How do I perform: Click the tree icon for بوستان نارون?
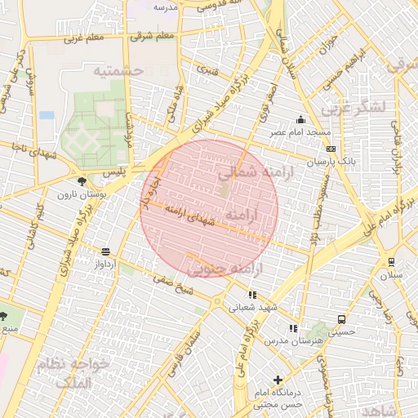80,181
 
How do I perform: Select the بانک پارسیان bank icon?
331,149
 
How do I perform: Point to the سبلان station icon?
393,262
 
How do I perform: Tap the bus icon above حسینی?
340,320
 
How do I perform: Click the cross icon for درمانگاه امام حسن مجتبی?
278,380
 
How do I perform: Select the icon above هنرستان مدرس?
293,328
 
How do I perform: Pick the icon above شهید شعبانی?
252,295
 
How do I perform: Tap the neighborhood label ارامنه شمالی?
250,172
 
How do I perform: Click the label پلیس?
114,175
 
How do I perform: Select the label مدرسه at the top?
166,7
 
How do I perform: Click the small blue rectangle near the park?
47,115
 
